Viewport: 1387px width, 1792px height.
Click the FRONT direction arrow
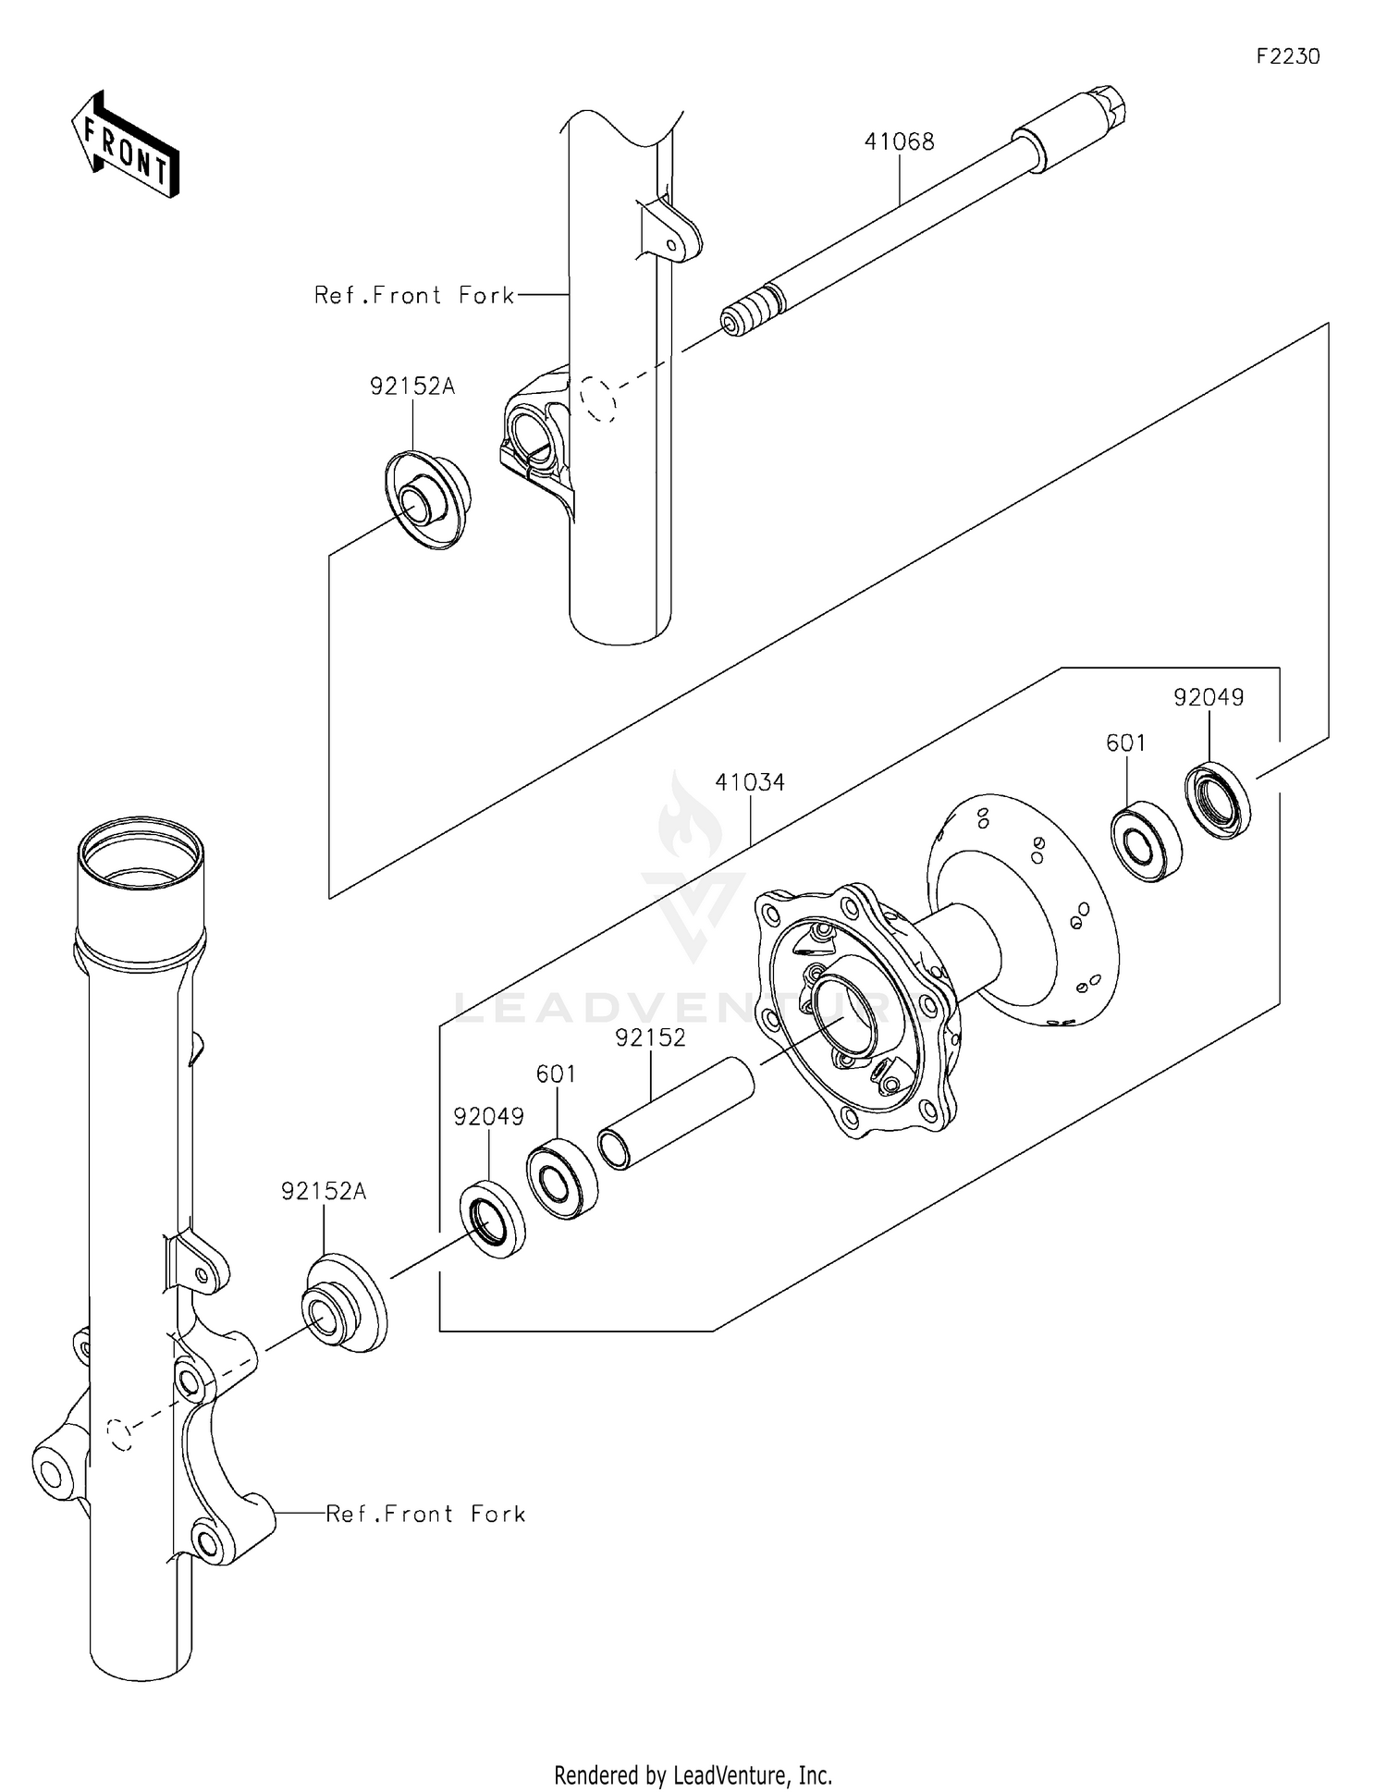[x=125, y=145]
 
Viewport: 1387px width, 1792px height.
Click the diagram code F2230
[x=1287, y=56]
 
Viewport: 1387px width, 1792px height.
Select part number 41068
[x=899, y=142]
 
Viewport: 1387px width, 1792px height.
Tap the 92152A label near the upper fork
[x=412, y=387]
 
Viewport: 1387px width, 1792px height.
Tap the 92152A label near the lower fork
[x=324, y=1192]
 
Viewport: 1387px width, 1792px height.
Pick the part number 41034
[x=749, y=782]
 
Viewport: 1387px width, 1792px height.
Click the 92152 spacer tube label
[x=651, y=1037]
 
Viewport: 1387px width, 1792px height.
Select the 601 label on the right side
[x=1125, y=743]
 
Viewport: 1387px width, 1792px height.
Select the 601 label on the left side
[x=556, y=1074]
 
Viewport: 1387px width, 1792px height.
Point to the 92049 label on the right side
[x=1209, y=698]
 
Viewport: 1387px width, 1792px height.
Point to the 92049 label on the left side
[x=488, y=1117]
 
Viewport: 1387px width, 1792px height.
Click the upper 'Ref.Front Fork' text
[x=413, y=296]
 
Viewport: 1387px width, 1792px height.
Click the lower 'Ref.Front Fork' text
[x=425, y=1514]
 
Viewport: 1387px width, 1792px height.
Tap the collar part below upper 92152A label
[x=426, y=499]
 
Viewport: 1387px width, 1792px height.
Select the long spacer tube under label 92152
[x=675, y=1113]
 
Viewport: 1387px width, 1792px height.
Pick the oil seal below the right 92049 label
[x=1218, y=801]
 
